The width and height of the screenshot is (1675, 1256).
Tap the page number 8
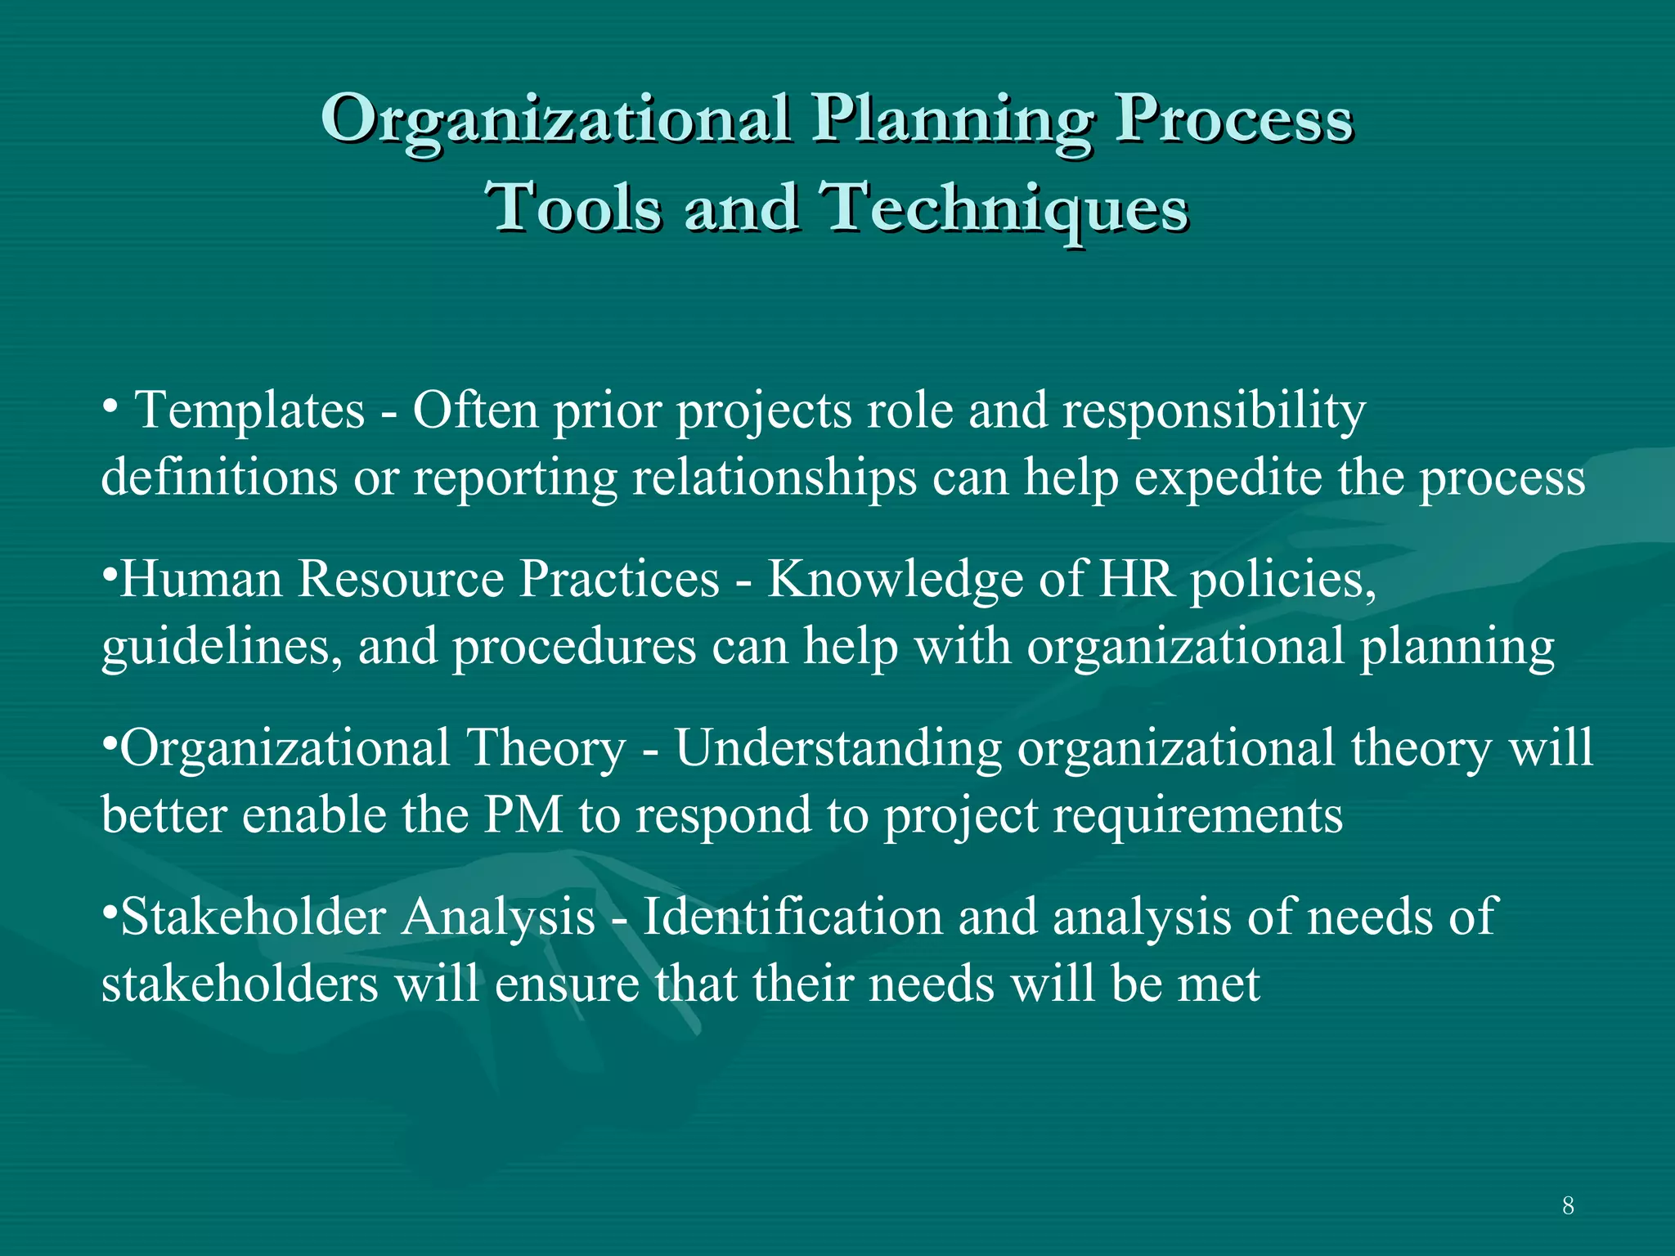(1568, 1205)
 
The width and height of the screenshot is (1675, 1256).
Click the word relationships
(775, 478)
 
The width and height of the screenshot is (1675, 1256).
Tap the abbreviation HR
(1136, 579)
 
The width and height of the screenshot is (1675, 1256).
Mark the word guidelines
(222, 647)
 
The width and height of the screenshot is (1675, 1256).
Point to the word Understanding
(838, 749)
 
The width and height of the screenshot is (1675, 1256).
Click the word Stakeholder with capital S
(252, 917)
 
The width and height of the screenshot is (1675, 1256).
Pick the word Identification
(793, 917)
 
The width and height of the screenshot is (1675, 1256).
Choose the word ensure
(567, 984)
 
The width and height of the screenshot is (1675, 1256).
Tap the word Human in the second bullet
(201, 579)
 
